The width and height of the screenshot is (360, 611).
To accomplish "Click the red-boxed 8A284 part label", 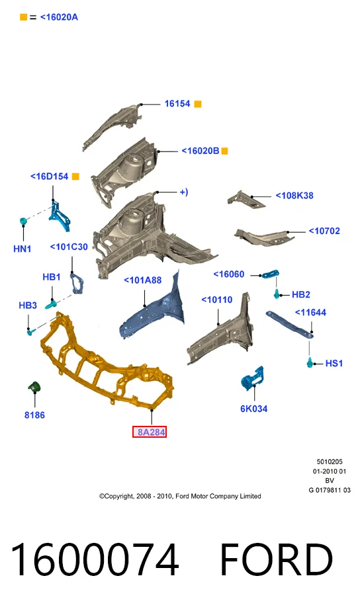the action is tap(150, 432).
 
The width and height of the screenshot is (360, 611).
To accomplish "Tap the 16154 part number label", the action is tap(177, 104).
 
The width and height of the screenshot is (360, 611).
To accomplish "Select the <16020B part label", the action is tap(201, 151).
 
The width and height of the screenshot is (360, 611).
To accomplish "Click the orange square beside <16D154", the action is tap(75, 177).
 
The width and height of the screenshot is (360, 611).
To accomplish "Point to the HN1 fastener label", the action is tap(22, 249).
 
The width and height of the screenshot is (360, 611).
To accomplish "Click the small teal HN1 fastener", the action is tap(23, 222).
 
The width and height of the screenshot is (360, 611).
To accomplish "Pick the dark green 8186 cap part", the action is tap(34, 387).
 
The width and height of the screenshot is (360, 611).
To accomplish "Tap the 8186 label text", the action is tap(34, 415).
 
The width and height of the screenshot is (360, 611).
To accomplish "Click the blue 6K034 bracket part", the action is tap(252, 377).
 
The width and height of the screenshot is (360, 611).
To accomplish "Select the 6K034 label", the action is tap(254, 409).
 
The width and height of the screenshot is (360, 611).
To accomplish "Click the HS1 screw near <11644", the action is tap(310, 362).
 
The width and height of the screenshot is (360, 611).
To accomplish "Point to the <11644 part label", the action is tap(310, 313).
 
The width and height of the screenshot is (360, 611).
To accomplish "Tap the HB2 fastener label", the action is tap(300, 295).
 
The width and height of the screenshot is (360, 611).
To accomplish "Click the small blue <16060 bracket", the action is tap(270, 274).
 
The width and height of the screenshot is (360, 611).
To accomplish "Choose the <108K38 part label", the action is tap(294, 196).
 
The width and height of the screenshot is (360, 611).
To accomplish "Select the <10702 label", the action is tap(324, 231).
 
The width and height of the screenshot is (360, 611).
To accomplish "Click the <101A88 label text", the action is tap(142, 280).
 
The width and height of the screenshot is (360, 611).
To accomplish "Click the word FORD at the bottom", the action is tap(277, 559).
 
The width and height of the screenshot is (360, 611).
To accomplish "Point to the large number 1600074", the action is tap(95, 559).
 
